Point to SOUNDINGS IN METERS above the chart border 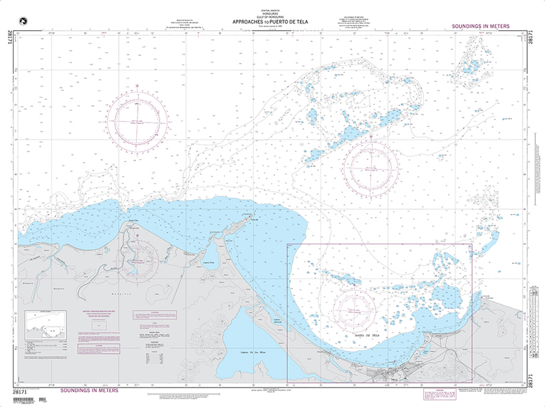(x=480, y=26)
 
